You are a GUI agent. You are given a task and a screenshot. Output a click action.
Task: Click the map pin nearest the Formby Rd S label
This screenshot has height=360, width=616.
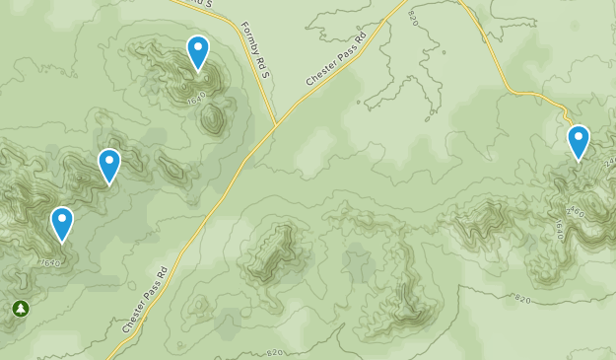point(198,52)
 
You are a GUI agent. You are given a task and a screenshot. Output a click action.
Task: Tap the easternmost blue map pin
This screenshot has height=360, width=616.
point(579,142)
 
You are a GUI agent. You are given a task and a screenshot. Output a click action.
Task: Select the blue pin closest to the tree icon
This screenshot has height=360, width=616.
point(62,224)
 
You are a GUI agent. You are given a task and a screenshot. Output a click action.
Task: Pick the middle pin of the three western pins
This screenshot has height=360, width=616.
point(109,166)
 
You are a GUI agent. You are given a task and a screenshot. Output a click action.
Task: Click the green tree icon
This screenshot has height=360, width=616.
point(21,310)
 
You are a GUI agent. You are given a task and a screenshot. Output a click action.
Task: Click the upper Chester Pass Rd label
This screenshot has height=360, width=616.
point(335,60)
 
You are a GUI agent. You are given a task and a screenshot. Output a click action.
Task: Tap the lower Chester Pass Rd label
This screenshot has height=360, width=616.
point(146,299)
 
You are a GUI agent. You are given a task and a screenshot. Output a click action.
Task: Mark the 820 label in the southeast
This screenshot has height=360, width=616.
point(523,297)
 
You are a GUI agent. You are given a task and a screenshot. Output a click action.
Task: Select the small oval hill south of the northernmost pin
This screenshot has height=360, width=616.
point(212,119)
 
